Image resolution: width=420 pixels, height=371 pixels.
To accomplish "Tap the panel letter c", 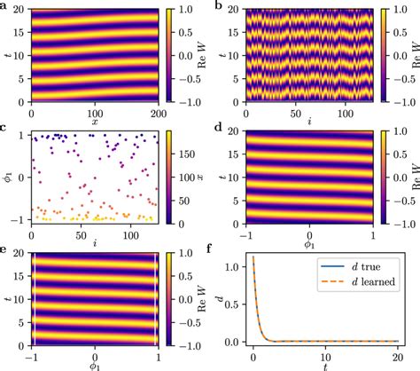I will (x=5, y=130).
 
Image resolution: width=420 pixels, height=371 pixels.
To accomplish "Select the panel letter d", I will (x=219, y=130).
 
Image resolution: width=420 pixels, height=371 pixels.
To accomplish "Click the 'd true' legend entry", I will (x=358, y=269).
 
